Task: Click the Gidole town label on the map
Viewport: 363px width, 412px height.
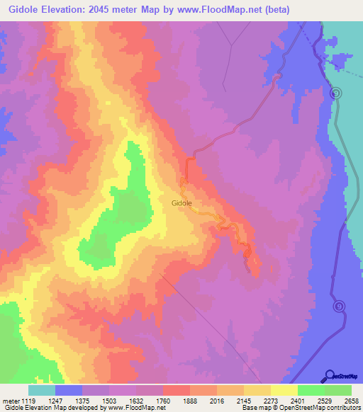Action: click(x=182, y=202)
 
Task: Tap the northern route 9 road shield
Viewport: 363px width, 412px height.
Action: click(x=336, y=93)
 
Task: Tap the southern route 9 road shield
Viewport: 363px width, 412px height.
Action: click(x=339, y=306)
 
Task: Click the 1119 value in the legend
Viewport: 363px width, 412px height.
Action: click(x=28, y=401)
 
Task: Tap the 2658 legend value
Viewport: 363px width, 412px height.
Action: click(x=350, y=401)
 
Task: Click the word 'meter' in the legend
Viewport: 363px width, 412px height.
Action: click(x=10, y=401)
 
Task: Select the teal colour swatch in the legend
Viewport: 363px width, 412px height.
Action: click(x=41, y=390)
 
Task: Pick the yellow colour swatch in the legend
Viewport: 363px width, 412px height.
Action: click(x=284, y=390)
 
